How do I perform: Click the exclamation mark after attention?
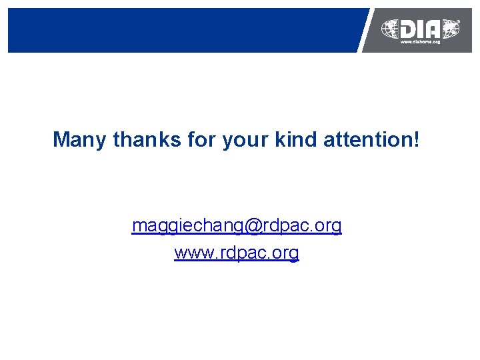point(417,140)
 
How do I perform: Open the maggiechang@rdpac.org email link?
point(237,227)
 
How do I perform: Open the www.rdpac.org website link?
point(237,253)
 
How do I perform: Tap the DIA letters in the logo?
point(421,29)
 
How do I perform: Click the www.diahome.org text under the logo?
point(420,42)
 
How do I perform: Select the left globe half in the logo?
point(390,29)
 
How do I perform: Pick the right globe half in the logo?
point(451,29)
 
